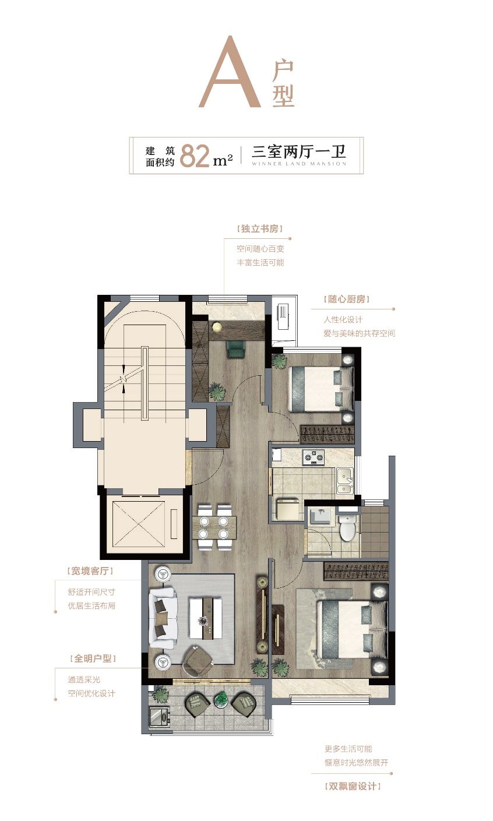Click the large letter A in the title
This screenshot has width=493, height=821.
229,72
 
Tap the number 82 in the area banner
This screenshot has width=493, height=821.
194,156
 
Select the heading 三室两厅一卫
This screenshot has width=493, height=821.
298,151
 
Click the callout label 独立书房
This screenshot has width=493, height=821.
260,229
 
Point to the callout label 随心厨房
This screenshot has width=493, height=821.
346,299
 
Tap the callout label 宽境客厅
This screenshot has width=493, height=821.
90,571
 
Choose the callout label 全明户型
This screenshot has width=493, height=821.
93,658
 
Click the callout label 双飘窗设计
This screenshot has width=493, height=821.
353,786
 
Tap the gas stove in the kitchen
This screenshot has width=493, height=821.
313,457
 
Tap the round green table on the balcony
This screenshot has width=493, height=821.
220,699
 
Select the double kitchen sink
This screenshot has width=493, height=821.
345,481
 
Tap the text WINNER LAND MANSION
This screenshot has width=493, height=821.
298,164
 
